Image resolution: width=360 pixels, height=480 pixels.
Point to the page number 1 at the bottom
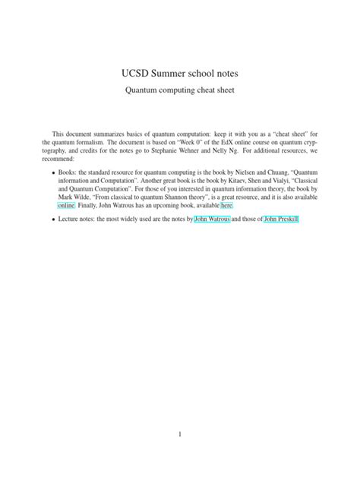180,434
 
